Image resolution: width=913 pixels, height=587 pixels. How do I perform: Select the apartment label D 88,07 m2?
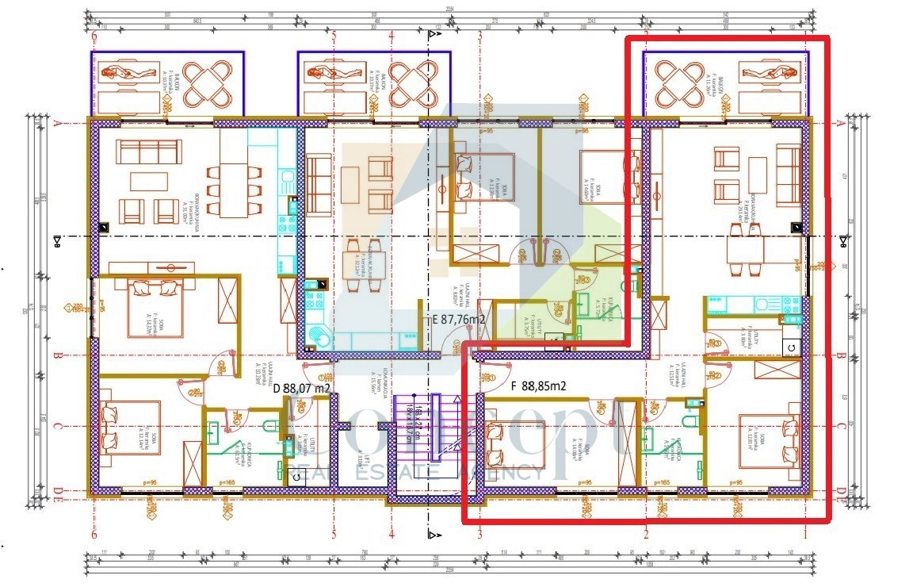[301, 389]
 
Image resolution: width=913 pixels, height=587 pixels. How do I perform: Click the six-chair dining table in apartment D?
[233, 190]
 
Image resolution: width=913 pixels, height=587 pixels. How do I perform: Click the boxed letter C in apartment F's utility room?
[789, 347]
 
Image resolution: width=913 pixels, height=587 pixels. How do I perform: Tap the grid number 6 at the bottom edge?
[94, 535]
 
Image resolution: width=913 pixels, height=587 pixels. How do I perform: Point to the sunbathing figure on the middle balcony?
[327, 73]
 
